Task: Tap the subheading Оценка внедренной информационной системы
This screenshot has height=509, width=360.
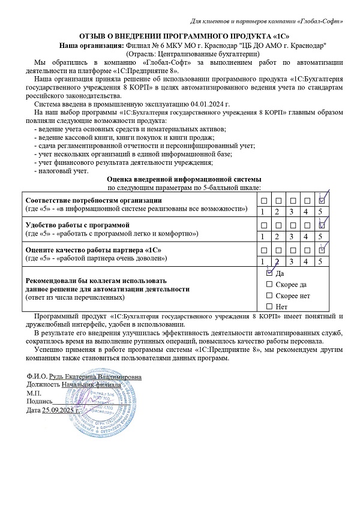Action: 184,179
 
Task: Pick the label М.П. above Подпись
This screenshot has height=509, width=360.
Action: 34,393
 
